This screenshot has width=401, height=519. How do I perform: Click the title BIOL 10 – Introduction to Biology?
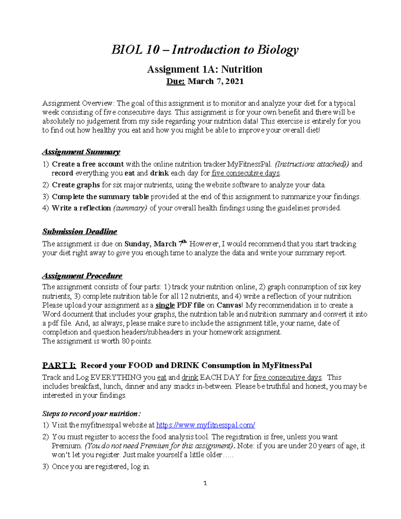pyautogui.click(x=205, y=50)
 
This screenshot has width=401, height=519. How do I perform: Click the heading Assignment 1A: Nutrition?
pyautogui.click(x=205, y=70)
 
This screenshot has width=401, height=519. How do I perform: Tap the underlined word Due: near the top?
pyautogui.click(x=176, y=82)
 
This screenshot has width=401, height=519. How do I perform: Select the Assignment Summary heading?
pyautogui.click(x=81, y=152)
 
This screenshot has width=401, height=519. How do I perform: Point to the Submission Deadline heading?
pyautogui.click(x=80, y=232)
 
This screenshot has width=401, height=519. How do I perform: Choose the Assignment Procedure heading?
pyautogui.click(x=82, y=276)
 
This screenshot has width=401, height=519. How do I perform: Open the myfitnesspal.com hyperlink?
pyautogui.click(x=206, y=425)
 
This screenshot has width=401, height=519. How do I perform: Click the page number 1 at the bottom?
pyautogui.click(x=205, y=483)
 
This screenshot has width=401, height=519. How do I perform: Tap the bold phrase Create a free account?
pyautogui.click(x=88, y=164)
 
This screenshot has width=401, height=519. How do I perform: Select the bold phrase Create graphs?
pyautogui.click(x=76, y=185)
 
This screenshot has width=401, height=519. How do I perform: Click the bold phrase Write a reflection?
pyautogui.click(x=81, y=208)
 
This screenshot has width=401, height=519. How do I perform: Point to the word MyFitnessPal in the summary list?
pyautogui.click(x=249, y=164)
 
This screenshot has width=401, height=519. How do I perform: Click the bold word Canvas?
pyautogui.click(x=228, y=305)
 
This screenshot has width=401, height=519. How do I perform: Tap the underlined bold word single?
pyautogui.click(x=165, y=305)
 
